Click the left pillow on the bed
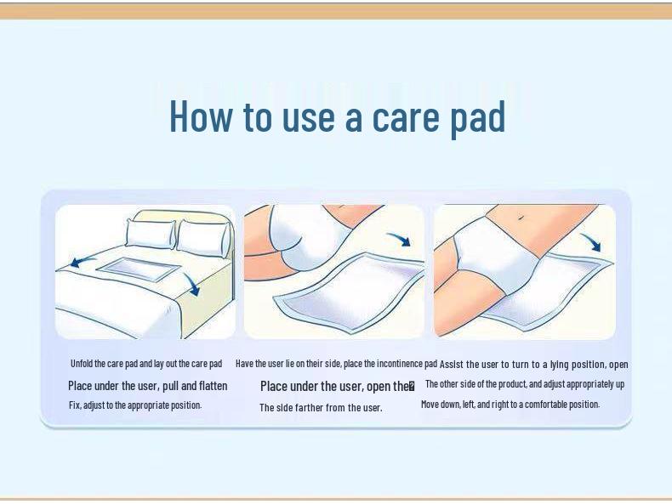coord(150,233)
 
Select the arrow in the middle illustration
coord(398,241)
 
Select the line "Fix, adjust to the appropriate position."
coord(135,405)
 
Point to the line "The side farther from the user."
coord(321,408)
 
